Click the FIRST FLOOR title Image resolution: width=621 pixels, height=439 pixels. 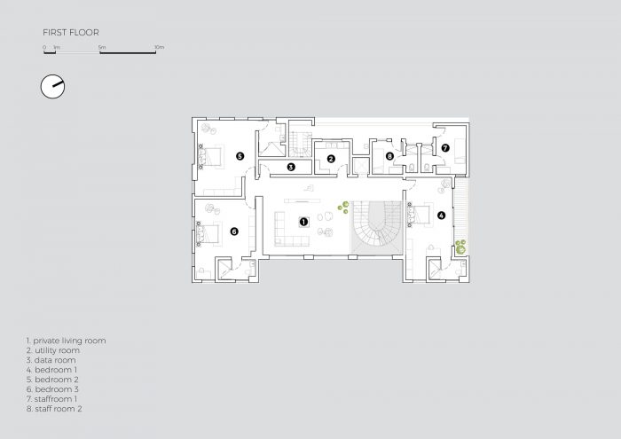(x=71, y=33)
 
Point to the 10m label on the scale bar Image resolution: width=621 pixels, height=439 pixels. (x=159, y=47)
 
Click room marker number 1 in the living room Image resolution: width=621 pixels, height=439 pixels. (x=303, y=222)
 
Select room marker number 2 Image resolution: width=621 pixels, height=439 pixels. (x=331, y=159)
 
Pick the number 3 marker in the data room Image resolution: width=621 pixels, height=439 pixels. (x=291, y=167)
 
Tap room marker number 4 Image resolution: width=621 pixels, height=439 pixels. (x=441, y=216)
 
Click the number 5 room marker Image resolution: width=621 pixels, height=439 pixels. (x=240, y=156)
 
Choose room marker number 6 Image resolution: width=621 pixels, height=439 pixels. (x=234, y=231)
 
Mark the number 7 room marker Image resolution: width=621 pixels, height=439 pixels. (x=445, y=148)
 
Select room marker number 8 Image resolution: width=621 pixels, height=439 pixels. (x=389, y=156)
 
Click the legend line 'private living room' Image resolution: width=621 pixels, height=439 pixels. (x=67, y=341)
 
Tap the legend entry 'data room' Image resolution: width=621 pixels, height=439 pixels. (x=51, y=360)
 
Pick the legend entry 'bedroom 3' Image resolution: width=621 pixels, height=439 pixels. (x=52, y=389)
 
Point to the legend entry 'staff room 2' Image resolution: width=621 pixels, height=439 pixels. (x=54, y=409)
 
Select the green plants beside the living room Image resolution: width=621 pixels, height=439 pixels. (x=343, y=207)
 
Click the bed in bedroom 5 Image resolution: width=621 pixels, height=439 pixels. (x=211, y=156)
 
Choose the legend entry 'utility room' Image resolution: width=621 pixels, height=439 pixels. (x=53, y=350)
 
